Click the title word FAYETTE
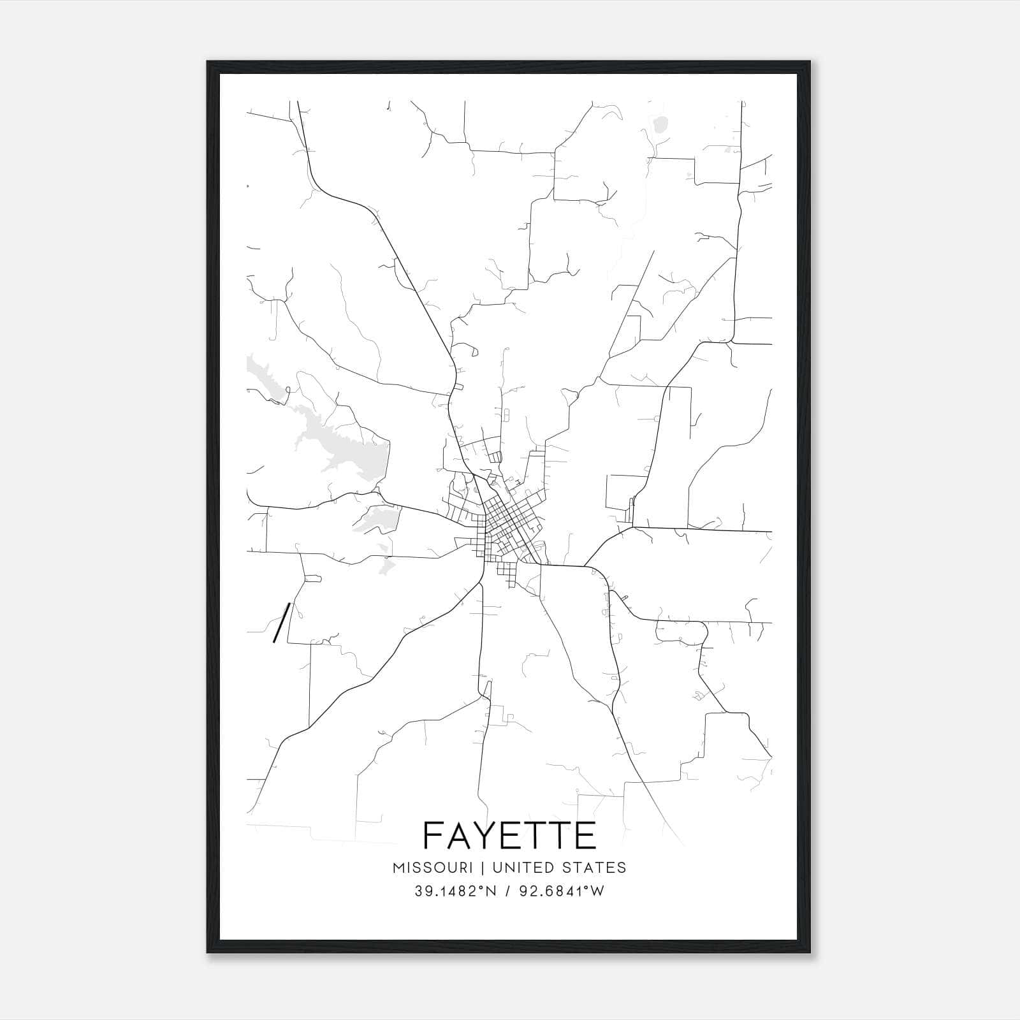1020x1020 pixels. (x=509, y=836)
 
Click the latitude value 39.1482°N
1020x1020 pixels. (x=455, y=891)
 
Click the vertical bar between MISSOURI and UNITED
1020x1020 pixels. (x=482, y=868)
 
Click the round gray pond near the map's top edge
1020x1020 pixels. (x=660, y=123)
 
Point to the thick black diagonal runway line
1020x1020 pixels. (x=282, y=622)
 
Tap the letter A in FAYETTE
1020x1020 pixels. (x=460, y=836)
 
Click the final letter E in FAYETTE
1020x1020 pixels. (x=586, y=836)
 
